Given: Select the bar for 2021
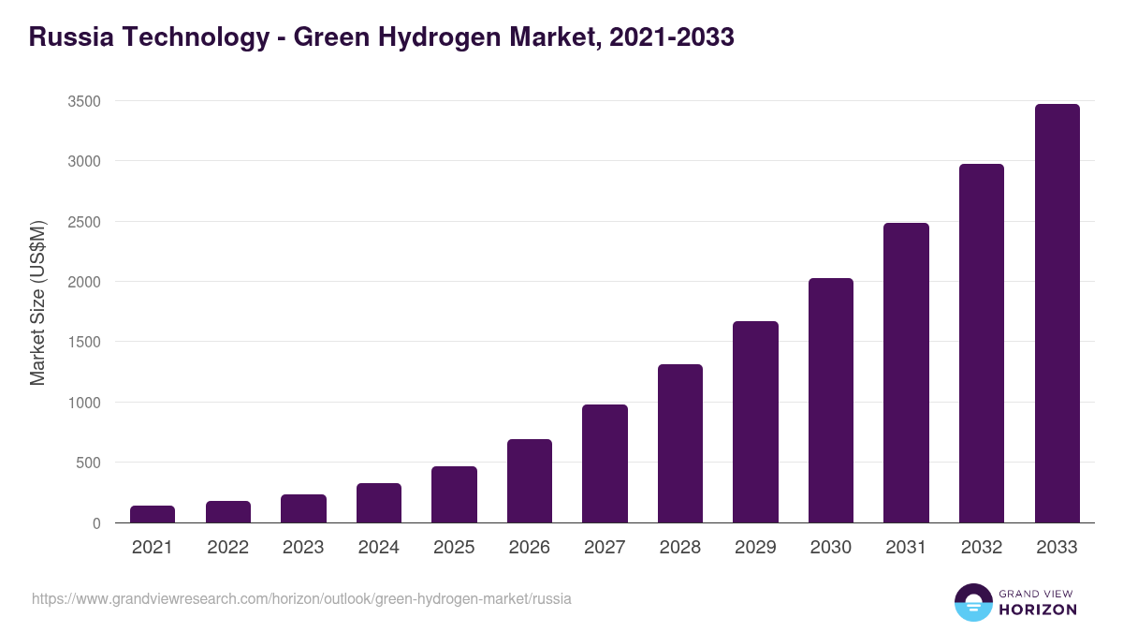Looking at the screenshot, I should coord(153,514).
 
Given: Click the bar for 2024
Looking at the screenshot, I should coord(379,503).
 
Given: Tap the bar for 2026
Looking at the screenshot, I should coord(530,481).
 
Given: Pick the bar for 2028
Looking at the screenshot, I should coord(680,444).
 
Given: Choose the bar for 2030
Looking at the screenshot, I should coord(831,401).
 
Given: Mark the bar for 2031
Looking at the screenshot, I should coord(906,373).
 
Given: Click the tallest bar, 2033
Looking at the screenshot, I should coord(1057,314).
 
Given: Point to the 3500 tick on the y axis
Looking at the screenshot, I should coord(84,101).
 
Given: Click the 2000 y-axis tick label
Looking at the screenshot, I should coord(84,282).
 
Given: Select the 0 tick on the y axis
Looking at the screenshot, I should coord(96,523).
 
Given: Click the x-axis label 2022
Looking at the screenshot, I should coord(227,548).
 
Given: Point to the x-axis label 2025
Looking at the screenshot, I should coord(454,548).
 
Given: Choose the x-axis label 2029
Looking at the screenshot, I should coord(755,548).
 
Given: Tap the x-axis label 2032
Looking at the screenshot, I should coord(982,548).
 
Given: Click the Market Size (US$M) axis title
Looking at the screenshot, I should coord(37,302).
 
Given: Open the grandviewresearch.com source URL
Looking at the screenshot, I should coord(301,598).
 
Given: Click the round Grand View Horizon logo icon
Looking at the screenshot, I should coord(972,602).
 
